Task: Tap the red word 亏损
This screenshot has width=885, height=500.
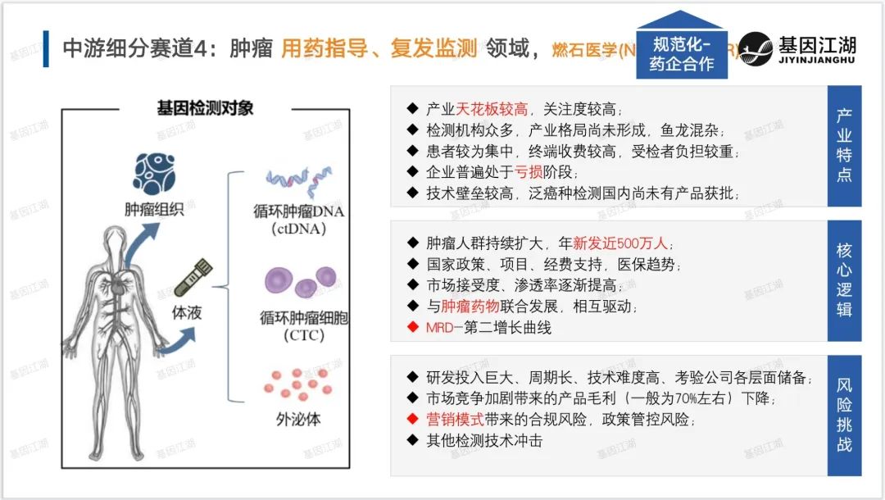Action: (529, 172)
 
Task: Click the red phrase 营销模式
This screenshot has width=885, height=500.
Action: (456, 420)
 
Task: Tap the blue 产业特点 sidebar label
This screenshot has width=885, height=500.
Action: (844, 144)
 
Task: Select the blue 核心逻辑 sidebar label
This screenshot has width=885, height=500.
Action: (844, 280)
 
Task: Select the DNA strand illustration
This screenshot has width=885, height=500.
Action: (297, 184)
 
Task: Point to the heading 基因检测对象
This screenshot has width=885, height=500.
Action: (206, 107)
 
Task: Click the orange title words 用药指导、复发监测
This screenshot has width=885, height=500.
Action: (379, 48)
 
